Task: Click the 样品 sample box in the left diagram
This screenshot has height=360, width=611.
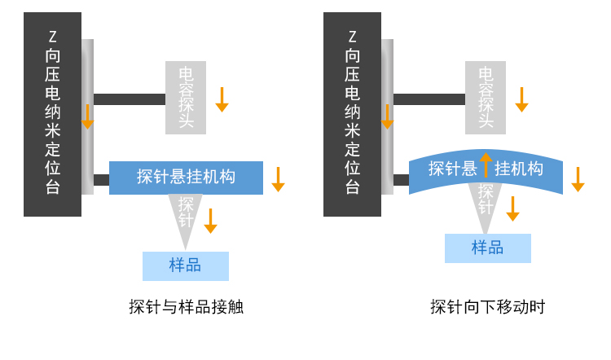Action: coord(185,266)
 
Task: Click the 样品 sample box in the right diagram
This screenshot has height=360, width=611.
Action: coord(487,248)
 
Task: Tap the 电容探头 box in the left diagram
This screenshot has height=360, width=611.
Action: coord(186,98)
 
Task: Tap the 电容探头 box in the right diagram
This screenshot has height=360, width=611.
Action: coord(486,98)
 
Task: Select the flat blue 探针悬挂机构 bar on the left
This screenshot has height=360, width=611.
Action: coord(186,177)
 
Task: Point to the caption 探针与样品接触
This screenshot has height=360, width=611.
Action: coord(186,307)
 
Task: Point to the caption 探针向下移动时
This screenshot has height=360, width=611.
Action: coord(487,307)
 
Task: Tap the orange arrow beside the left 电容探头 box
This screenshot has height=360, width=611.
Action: coord(222,99)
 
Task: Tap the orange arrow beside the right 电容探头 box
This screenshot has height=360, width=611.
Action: coord(521,99)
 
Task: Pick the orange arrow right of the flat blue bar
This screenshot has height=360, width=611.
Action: coord(278,179)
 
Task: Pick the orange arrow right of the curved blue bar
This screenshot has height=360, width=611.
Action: coord(578,179)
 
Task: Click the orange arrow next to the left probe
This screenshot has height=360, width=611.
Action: coord(210,221)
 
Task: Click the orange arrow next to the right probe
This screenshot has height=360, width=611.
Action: coord(512,208)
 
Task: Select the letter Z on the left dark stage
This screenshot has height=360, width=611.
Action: coord(53,36)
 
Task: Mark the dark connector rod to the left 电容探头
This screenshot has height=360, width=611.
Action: coord(129,99)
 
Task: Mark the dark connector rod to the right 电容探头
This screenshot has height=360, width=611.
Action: coord(429,99)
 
